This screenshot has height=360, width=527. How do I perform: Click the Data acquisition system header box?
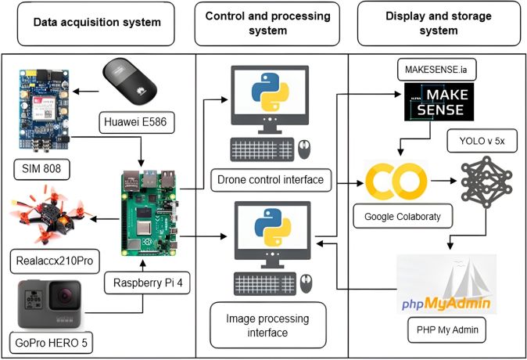coord(97,23)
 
